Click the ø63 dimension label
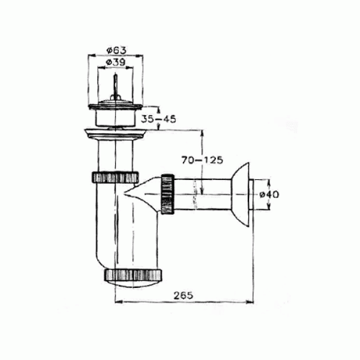pos(116,50)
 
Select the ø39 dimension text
pos(116,62)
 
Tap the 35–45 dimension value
pos(158,119)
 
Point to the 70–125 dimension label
pos(202,160)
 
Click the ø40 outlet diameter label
pos(269,194)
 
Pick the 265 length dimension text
pos(183,295)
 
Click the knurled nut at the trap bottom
pos(133,275)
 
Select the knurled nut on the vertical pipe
pos(115,177)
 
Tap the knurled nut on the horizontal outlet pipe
pos(168,194)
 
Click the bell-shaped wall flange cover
pos(241,194)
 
